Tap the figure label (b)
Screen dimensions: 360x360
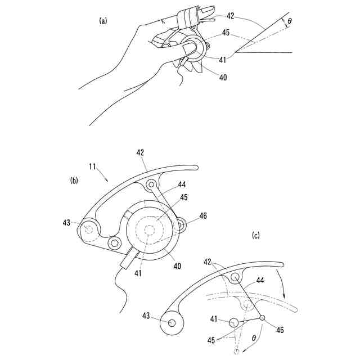click(74, 181)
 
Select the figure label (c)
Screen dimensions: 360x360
click(256, 236)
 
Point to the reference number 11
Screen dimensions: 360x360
click(92, 167)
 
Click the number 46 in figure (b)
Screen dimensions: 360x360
click(203, 215)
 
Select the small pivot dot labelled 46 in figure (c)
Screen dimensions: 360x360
click(262, 318)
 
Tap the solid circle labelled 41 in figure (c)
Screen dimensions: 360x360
click(233, 323)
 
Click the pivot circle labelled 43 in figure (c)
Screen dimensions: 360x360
click(172, 323)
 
